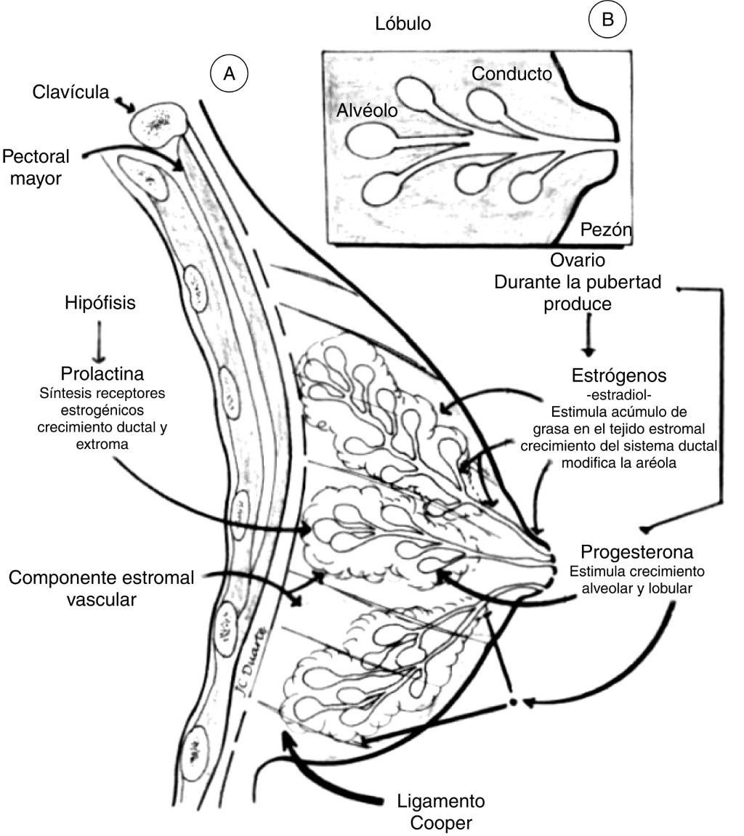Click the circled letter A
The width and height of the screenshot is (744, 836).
(229, 73)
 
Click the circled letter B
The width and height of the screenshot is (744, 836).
(607, 20)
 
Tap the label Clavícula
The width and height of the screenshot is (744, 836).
(70, 92)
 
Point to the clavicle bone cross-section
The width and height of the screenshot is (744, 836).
(158, 121)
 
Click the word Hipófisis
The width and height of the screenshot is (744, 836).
(100, 304)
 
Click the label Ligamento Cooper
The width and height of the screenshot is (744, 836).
(441, 813)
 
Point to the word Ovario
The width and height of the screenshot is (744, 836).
(578, 260)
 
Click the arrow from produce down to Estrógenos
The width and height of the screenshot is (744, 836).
(588, 336)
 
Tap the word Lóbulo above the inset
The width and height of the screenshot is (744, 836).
(403, 23)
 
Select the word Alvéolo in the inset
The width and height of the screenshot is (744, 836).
(367, 110)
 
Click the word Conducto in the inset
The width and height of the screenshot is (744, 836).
(511, 73)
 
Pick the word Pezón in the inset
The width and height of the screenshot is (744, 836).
(605, 231)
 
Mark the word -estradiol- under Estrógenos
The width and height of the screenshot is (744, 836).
(619, 394)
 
